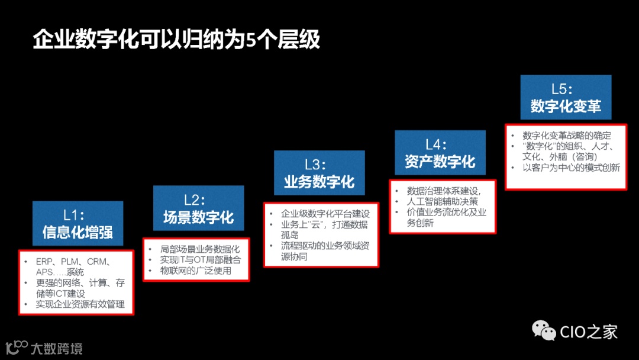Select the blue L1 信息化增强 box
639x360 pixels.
(78, 223)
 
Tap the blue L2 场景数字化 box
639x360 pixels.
(198, 208)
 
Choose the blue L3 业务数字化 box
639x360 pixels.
(319, 172)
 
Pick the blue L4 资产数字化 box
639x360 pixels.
(440, 152)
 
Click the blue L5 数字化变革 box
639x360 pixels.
(566, 97)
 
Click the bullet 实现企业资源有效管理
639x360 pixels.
(80, 304)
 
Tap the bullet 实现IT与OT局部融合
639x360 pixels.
(201, 260)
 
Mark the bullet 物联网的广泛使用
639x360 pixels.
(196, 271)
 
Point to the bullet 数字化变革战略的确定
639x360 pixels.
(567, 136)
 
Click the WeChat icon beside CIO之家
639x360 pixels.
(544, 330)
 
